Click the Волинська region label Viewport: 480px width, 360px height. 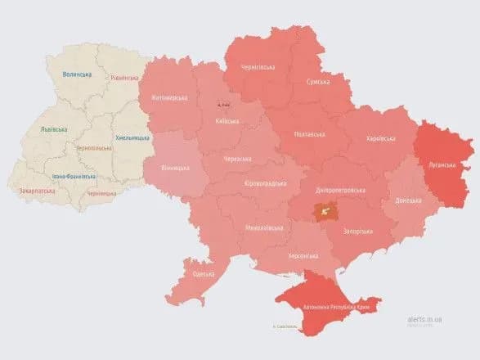[77, 74]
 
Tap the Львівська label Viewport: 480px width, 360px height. [54, 129]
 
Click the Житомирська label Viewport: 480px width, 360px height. [169, 98]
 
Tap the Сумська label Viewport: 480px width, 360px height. [317, 82]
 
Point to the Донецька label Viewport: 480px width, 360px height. [408, 200]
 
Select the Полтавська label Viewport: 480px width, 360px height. [308, 135]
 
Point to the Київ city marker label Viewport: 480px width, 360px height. [223, 104]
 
